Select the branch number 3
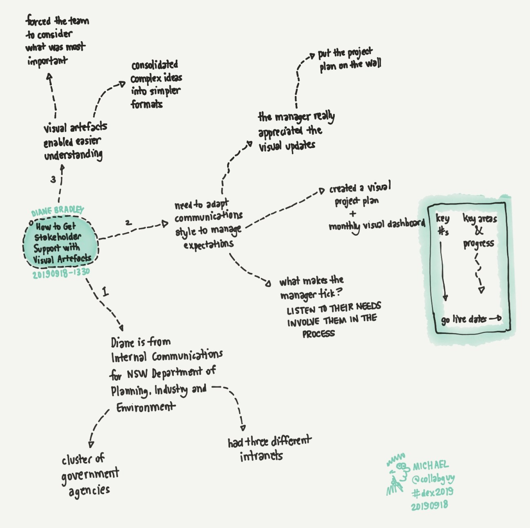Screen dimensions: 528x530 coord(53,179)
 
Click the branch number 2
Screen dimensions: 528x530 coord(128,223)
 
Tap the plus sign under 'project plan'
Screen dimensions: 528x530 coord(353,213)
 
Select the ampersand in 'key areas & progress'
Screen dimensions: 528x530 coord(479,231)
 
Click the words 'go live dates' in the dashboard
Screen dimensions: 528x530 coord(464,319)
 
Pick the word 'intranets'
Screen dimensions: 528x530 coord(261,456)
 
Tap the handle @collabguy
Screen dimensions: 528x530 coord(433,479)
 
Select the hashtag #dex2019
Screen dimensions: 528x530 coord(432,492)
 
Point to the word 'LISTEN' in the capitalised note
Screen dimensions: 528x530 coord(300,311)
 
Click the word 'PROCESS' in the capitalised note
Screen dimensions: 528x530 coord(318,334)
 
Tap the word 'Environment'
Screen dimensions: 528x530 coord(146,407)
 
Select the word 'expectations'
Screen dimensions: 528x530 coord(208,245)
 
